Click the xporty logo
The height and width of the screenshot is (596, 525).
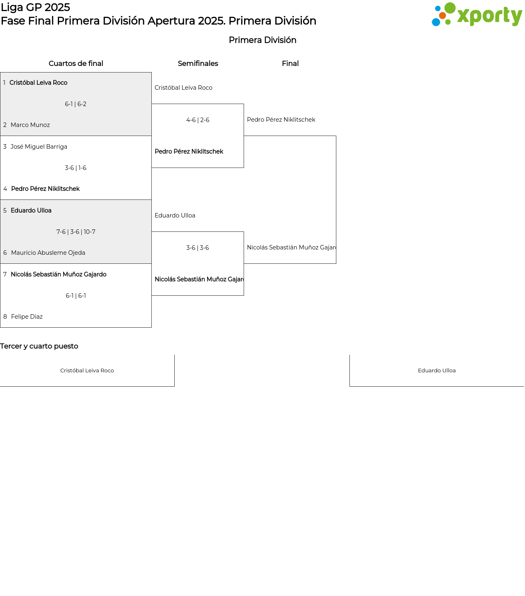(x=476, y=14)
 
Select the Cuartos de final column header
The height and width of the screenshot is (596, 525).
(x=76, y=63)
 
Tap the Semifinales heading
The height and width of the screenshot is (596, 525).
(x=198, y=63)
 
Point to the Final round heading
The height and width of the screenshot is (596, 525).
(x=290, y=63)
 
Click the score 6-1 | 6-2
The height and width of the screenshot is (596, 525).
(x=76, y=104)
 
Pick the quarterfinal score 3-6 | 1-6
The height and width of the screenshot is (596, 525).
(x=76, y=168)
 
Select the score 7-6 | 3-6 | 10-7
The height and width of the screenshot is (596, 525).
(x=76, y=232)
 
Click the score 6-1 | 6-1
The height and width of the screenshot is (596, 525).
(x=76, y=296)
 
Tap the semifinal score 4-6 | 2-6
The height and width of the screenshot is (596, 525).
(x=198, y=120)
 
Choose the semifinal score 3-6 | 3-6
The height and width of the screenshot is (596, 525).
(x=198, y=248)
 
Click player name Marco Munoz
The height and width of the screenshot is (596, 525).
(x=30, y=125)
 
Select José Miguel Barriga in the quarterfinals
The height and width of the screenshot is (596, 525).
(x=39, y=147)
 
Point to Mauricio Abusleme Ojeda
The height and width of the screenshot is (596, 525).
(x=48, y=253)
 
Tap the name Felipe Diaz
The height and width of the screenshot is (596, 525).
(x=27, y=317)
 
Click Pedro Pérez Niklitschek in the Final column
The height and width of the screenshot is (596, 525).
(x=281, y=120)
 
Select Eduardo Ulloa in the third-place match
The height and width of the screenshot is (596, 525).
(x=437, y=371)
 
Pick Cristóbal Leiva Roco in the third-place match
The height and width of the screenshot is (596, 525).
(x=87, y=371)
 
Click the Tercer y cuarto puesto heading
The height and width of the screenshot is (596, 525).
(x=39, y=346)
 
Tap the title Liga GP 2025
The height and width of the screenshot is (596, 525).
(x=35, y=7)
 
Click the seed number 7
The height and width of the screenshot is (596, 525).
(x=5, y=274)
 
